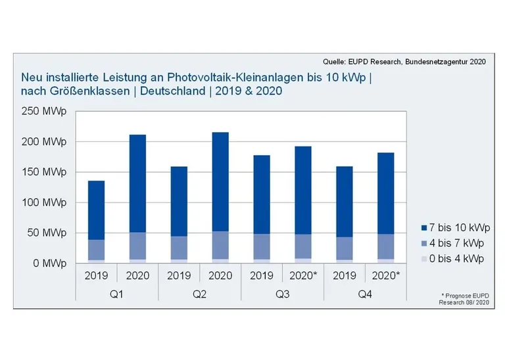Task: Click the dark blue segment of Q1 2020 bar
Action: click(137, 183)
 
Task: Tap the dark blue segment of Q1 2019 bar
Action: click(97, 210)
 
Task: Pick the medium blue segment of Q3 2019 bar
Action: click(261, 246)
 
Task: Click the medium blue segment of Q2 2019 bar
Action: click(179, 248)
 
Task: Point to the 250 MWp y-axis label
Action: click(45, 112)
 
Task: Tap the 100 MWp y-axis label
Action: click(45, 202)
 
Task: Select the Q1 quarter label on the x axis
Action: click(117, 294)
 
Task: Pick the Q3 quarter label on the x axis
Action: click(281, 294)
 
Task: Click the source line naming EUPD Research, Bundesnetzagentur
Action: click(404, 61)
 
